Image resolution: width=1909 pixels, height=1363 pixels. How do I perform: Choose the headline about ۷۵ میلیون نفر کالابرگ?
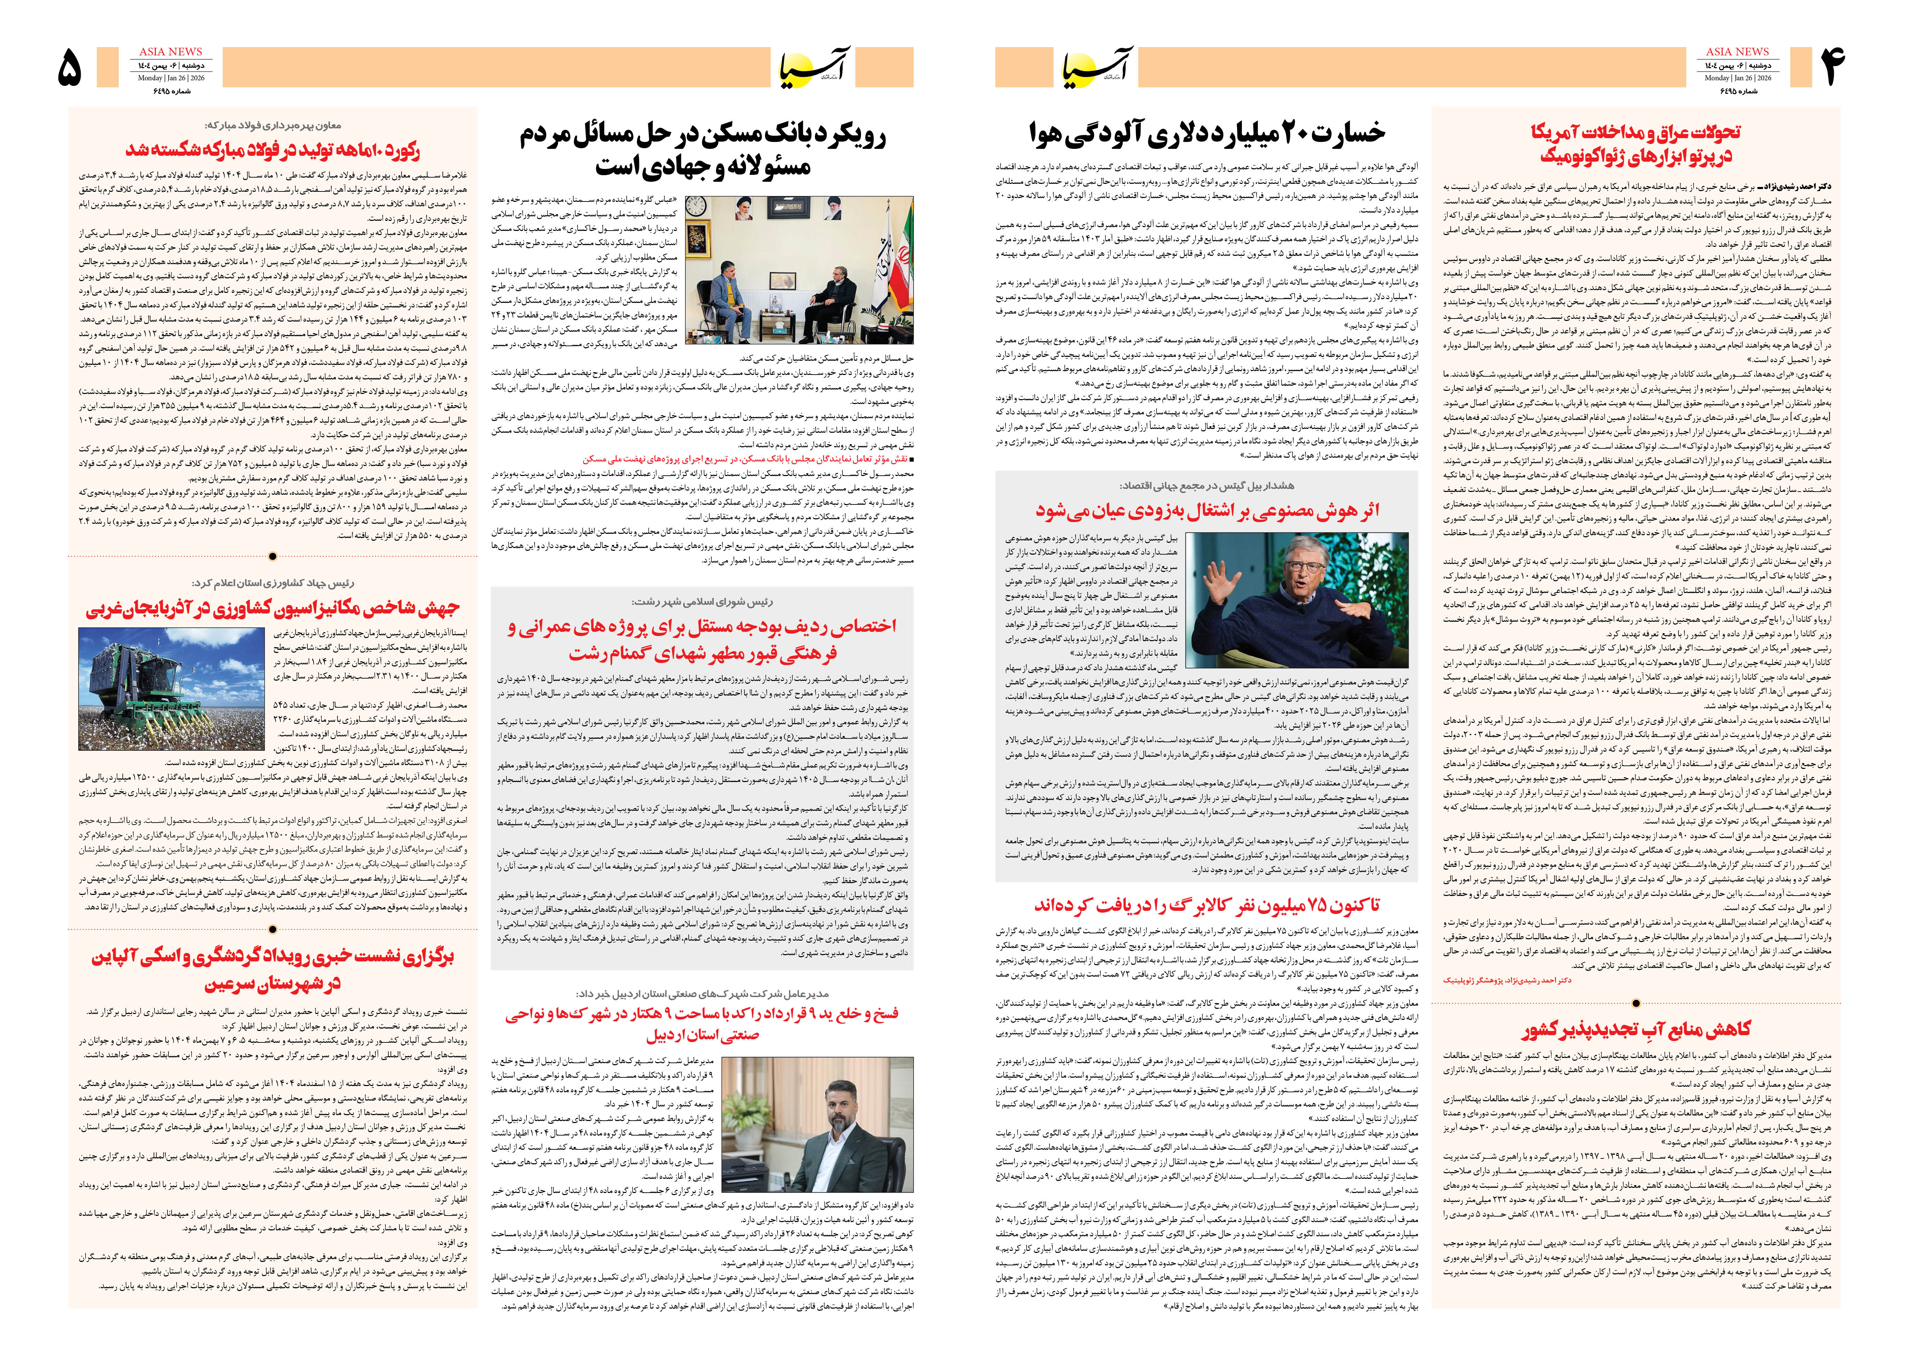1206,905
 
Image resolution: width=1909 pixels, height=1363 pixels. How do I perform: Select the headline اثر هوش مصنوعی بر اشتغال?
1206,510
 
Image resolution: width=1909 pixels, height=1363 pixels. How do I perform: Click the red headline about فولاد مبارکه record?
273,151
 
